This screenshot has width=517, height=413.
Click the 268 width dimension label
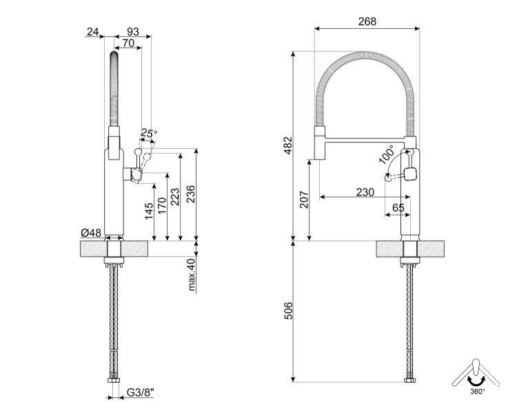tap(367, 21)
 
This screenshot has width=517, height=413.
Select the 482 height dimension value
tap(288, 145)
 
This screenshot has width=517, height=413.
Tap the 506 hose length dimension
tap(288, 311)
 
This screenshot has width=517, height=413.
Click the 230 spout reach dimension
tap(365, 192)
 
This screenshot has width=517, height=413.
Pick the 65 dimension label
tap(398, 206)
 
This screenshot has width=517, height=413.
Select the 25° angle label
tap(149, 133)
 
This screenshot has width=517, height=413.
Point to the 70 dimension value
tap(128, 43)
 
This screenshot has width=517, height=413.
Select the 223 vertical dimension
tap(177, 198)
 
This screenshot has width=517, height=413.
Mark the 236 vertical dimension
tap(192, 196)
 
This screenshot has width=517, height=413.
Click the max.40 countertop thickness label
tap(192, 274)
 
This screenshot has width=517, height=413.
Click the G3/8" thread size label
tap(141, 394)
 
